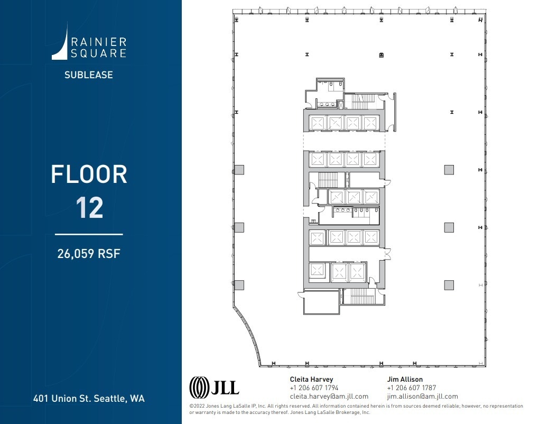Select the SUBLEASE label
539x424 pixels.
click(88, 75)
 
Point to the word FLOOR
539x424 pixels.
click(89, 175)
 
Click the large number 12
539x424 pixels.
click(89, 208)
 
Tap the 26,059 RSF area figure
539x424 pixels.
click(89, 254)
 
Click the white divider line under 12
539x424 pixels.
click(89, 234)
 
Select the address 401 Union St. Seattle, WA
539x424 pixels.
click(88, 398)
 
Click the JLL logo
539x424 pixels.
click(214, 387)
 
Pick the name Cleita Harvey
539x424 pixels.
click(312, 379)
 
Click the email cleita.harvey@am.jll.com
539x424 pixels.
click(329, 396)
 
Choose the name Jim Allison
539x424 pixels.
click(405, 379)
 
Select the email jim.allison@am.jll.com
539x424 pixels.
click(422, 396)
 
